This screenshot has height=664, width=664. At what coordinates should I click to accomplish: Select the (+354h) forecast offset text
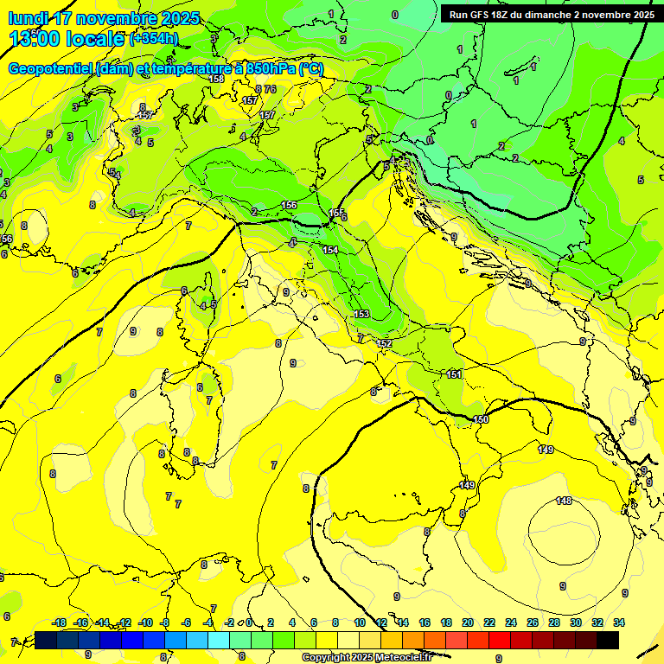pyautogui.click(x=153, y=39)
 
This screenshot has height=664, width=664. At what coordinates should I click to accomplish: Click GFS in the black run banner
pyautogui.click(x=484, y=15)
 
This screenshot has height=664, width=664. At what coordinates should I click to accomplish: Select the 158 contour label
pyautogui.click(x=216, y=79)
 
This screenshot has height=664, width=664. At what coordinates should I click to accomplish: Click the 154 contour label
pyautogui.click(x=330, y=249)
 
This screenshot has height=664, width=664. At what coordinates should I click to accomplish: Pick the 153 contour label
pyautogui.click(x=361, y=314)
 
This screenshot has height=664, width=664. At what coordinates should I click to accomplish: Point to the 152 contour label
pyautogui.click(x=385, y=343)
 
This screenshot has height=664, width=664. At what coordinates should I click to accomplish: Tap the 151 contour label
pyautogui.click(x=454, y=374)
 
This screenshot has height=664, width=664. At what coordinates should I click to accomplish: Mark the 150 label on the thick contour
pyautogui.click(x=481, y=419)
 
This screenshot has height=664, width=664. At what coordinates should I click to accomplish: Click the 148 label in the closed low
pyautogui.click(x=564, y=501)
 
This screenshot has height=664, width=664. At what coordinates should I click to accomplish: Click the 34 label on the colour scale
pyautogui.click(x=619, y=622)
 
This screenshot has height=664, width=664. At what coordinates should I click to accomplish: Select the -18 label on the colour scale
pyautogui.click(x=59, y=622)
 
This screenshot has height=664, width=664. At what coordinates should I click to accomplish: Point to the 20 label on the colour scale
pyautogui.click(x=468, y=622)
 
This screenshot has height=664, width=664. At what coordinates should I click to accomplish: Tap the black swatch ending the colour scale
pyautogui.click(x=608, y=640)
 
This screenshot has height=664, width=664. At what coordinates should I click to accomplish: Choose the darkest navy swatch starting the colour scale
pyautogui.click(x=46, y=640)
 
